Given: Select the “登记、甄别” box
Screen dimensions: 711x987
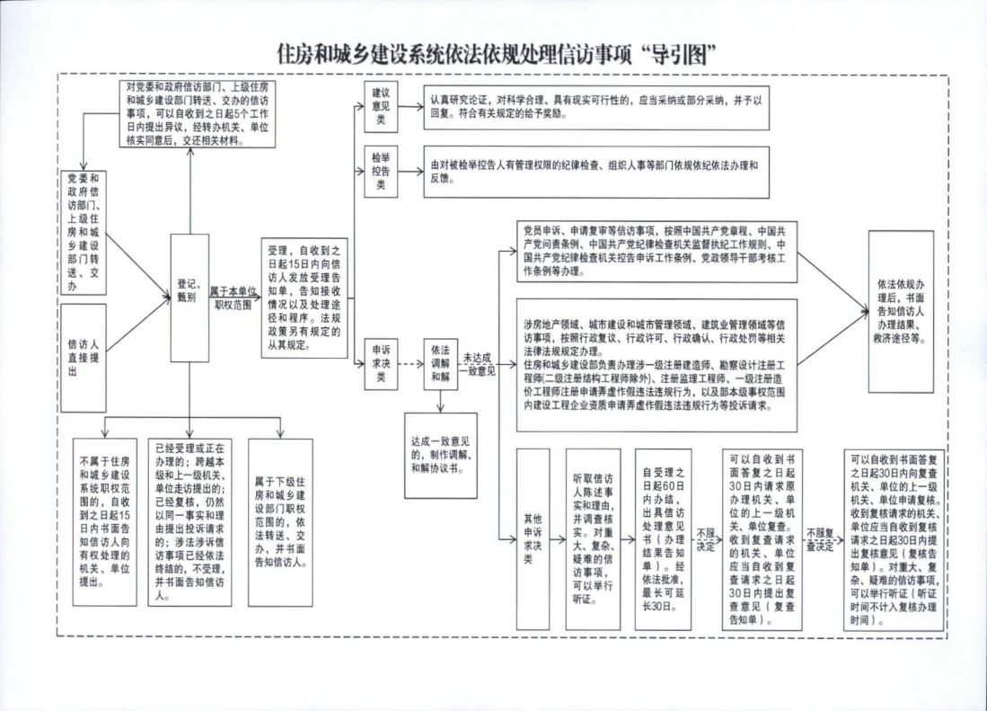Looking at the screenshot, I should pyautogui.click(x=189, y=297).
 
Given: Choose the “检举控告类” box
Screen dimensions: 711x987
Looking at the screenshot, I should pyautogui.click(x=381, y=171).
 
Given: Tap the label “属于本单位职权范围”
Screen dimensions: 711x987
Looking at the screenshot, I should pyautogui.click(x=231, y=298).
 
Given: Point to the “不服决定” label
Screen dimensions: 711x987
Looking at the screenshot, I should pyautogui.click(x=706, y=539).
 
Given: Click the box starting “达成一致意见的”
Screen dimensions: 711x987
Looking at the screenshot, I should pyautogui.click(x=440, y=454).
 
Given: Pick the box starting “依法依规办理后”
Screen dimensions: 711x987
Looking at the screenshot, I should pyautogui.click(x=901, y=310).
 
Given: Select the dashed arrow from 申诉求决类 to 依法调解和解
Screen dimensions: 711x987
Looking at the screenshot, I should pyautogui.click(x=410, y=364).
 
